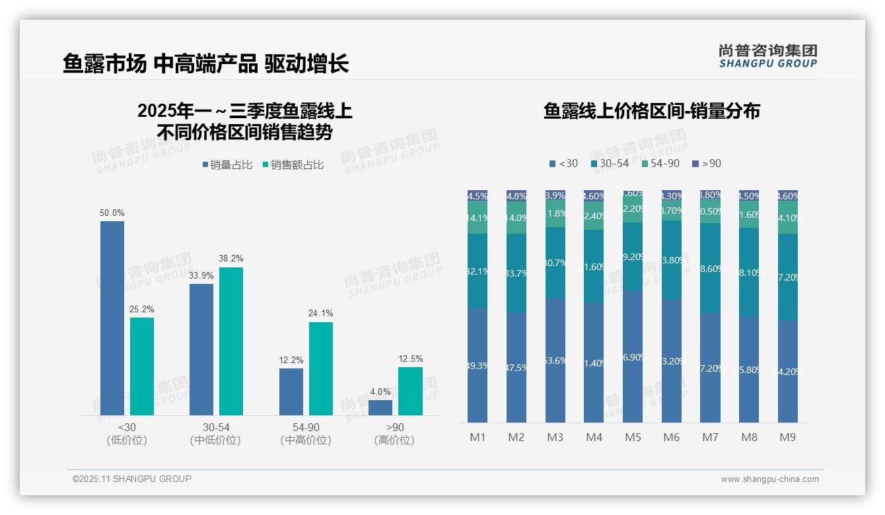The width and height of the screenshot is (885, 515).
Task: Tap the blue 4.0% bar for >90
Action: (380, 407)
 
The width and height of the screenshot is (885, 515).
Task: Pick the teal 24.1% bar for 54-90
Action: (321, 368)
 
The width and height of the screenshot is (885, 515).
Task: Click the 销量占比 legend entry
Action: (227, 165)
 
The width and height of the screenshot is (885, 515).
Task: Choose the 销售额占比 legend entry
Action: (293, 165)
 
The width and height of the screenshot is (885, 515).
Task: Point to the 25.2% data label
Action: (141, 310)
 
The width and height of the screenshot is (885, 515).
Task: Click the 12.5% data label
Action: (410, 359)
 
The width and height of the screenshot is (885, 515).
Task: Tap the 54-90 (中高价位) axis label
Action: (305, 434)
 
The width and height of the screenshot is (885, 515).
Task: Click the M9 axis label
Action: (787, 437)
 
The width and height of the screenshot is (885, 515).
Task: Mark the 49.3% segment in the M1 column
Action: (478, 365)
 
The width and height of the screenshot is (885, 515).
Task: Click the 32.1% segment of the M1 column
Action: (478, 271)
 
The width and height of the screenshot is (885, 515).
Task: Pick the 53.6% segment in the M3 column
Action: (555, 360)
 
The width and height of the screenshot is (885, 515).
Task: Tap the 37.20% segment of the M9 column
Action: (788, 277)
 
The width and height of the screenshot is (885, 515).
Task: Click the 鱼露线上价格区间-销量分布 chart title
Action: (651, 111)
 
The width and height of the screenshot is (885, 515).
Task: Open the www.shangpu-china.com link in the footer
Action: (769, 479)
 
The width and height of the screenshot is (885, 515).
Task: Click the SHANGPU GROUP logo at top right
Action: (767, 55)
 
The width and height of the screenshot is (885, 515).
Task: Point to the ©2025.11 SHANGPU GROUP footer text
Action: (132, 479)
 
